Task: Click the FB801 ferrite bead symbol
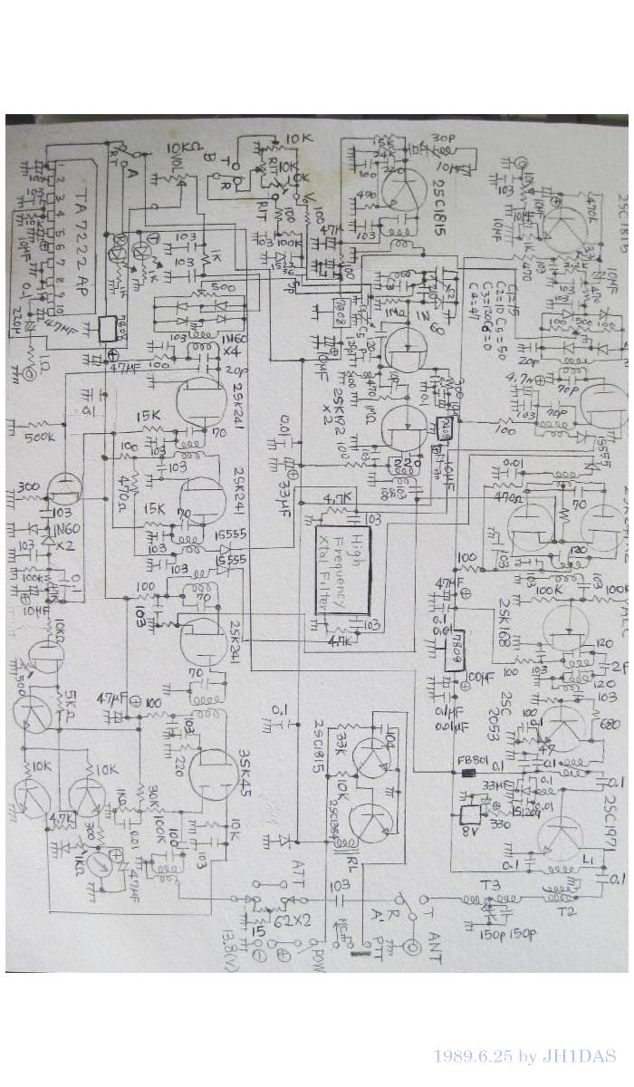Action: (467, 774)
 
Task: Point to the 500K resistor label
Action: (39, 436)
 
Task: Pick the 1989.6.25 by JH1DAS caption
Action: (524, 1056)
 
